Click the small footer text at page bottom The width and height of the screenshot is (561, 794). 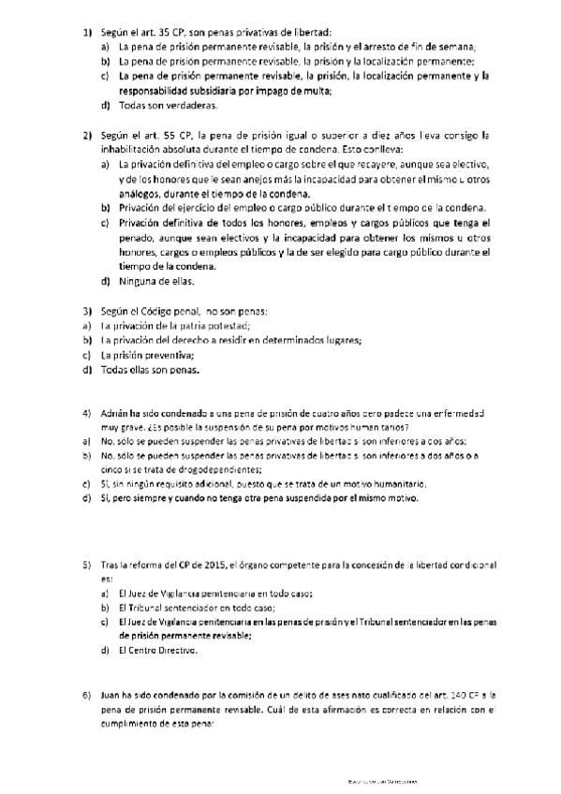click(x=379, y=780)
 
